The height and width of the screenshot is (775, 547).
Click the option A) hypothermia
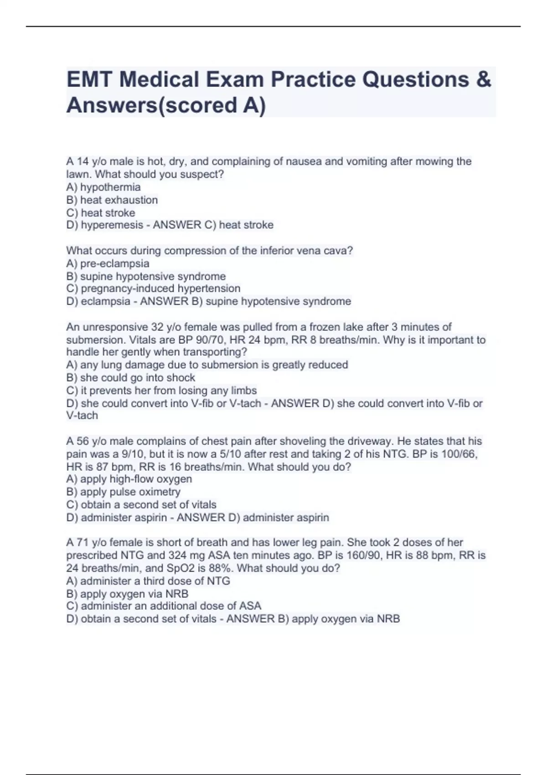tap(103, 187)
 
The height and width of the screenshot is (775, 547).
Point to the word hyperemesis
tap(112, 225)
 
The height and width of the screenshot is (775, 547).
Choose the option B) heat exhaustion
tap(112, 200)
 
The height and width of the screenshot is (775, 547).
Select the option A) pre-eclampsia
tap(108, 263)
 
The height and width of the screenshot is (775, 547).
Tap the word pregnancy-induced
tap(128, 289)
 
